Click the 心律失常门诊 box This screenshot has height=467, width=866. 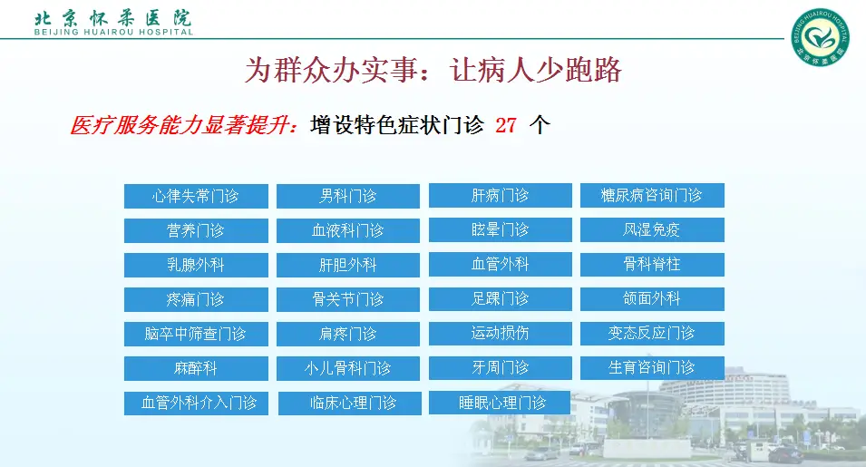click(196, 196)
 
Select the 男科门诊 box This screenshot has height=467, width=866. click(348, 196)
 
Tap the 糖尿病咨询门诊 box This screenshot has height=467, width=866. click(652, 195)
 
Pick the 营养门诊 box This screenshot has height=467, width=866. click(196, 230)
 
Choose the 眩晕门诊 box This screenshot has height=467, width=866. click(501, 229)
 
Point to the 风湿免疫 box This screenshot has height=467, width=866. click(652, 229)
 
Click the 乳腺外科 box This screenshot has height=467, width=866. click(196, 265)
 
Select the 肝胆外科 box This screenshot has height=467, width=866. click(348, 265)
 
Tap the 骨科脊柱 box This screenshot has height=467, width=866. click(652, 264)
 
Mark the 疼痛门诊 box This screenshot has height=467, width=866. click(196, 299)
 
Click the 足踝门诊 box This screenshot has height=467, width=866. click(501, 298)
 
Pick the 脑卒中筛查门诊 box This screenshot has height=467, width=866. click(196, 334)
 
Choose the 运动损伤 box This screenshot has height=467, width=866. click(501, 333)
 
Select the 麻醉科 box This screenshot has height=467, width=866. click(196, 368)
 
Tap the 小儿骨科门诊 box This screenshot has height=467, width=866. click(348, 368)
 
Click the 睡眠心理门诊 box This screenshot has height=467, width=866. click(501, 403)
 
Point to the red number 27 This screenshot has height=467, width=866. click(506, 125)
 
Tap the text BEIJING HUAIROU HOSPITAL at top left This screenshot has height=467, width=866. click(113, 33)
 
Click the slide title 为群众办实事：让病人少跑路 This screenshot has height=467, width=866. click(433, 71)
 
